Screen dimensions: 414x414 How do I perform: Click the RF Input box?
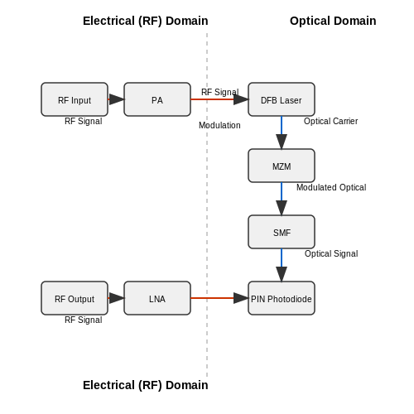(x=75, y=99)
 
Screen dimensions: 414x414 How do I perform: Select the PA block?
(x=157, y=99)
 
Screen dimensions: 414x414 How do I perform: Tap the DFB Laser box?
(x=282, y=99)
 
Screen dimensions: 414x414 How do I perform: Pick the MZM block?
(x=282, y=166)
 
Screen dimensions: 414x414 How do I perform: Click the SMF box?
(x=282, y=232)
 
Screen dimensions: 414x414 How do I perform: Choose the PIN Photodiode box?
(x=282, y=298)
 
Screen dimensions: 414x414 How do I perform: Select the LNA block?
(x=157, y=298)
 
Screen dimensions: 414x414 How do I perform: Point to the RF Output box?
(x=75, y=298)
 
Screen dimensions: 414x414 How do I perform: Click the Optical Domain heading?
(x=333, y=21)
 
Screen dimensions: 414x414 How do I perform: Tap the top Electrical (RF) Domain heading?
(x=146, y=22)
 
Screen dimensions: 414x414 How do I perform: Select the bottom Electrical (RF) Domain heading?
(x=146, y=385)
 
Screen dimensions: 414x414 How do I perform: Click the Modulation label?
(x=219, y=125)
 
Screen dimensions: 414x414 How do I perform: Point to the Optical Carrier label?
(x=330, y=121)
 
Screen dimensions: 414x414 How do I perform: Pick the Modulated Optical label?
(x=331, y=187)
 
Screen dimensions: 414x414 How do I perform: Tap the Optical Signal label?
(x=331, y=253)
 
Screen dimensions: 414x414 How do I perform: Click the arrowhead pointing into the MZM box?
(x=282, y=142)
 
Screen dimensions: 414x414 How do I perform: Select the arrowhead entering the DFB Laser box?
(x=241, y=99)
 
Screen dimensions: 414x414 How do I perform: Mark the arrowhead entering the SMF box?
(x=282, y=208)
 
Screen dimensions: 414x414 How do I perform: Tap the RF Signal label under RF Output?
(x=84, y=320)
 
